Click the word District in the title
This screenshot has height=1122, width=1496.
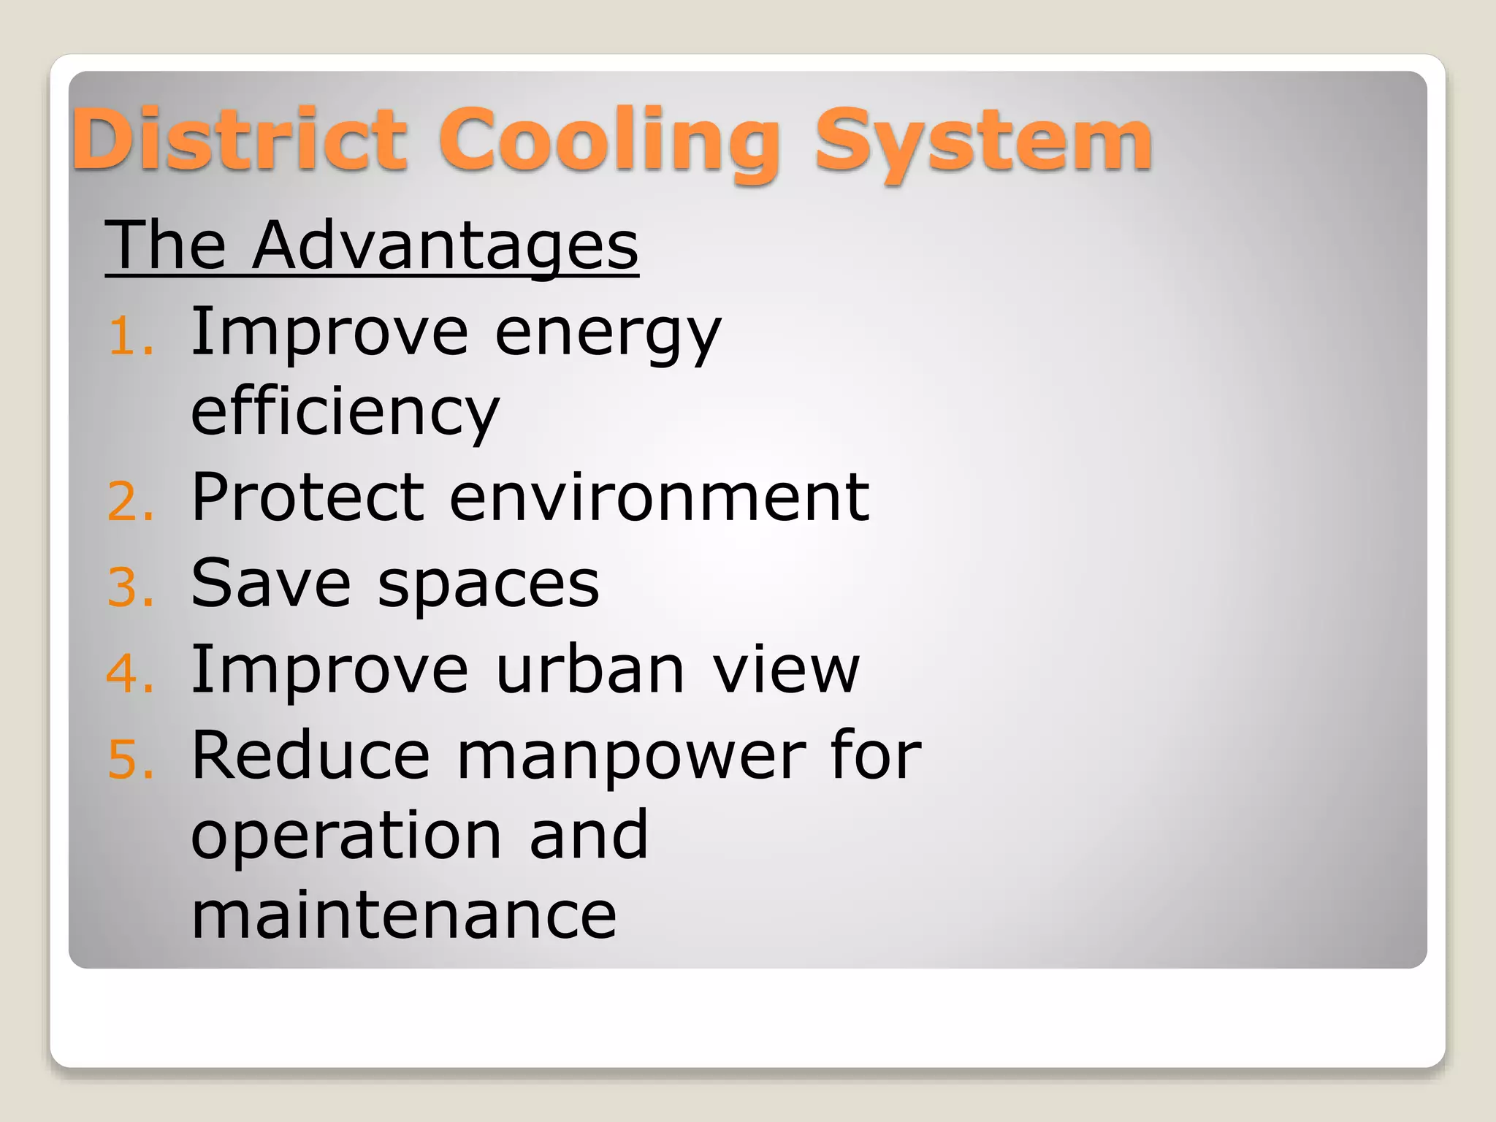point(239,139)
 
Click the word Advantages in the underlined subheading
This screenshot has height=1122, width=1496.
point(446,245)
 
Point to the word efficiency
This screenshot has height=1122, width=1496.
point(345,413)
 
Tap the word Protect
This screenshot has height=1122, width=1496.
point(308,498)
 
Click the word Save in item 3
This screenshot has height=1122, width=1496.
point(271,584)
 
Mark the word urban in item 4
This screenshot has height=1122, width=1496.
point(590,669)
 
